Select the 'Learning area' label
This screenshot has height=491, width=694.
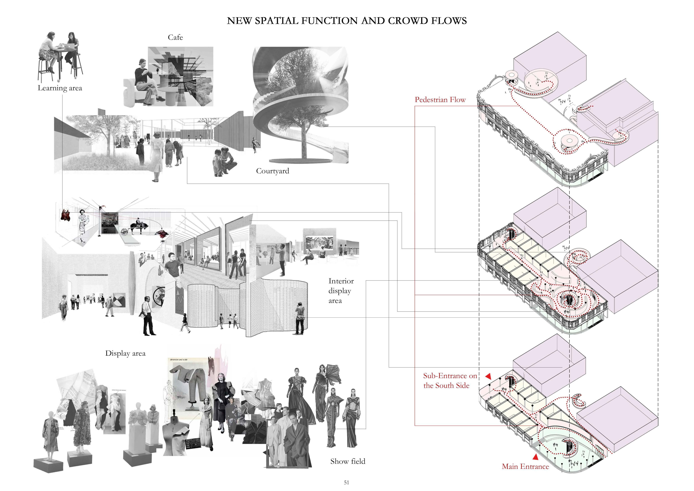60,88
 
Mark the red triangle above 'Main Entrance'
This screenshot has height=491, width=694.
535,457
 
